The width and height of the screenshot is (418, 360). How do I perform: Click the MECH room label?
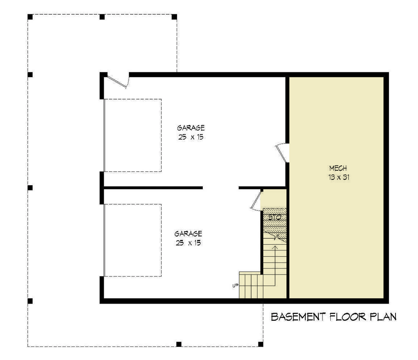(x=338, y=168)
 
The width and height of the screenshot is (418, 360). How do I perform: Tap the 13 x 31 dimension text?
(x=338, y=177)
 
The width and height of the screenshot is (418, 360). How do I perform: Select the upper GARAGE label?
(x=191, y=128)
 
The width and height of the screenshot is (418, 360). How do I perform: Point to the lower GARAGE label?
(x=188, y=234)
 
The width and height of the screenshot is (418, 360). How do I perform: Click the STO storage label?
(x=275, y=217)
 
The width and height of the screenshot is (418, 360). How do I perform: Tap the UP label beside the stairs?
(x=235, y=286)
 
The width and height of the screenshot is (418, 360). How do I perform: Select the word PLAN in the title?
(x=383, y=317)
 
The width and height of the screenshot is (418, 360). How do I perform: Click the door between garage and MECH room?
(x=282, y=153)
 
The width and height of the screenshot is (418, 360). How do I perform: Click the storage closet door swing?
(x=256, y=201)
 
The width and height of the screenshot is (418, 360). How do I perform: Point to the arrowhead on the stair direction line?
(x=275, y=247)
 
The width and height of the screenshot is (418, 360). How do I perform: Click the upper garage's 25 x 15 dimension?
(x=191, y=137)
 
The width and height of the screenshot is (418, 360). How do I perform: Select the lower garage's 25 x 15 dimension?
(x=188, y=243)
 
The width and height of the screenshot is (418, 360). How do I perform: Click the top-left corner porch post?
(x=30, y=17)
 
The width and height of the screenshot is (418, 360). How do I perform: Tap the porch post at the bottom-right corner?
(x=260, y=344)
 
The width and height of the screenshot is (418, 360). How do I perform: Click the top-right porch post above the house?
(x=174, y=17)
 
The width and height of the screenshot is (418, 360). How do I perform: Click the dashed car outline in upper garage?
(x=161, y=135)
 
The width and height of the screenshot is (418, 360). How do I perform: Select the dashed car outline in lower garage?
(x=161, y=240)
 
